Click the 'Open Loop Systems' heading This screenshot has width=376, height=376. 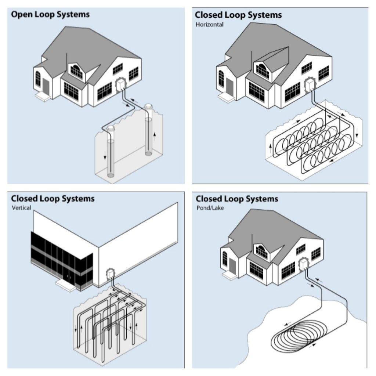[50, 15]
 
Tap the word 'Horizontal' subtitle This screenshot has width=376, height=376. [209, 25]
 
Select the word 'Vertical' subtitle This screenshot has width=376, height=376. [21, 208]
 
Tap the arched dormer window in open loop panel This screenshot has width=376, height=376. [77, 70]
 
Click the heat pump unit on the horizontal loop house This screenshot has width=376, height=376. [310, 87]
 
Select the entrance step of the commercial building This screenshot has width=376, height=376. [65, 285]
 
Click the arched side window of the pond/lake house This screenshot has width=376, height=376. [225, 258]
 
